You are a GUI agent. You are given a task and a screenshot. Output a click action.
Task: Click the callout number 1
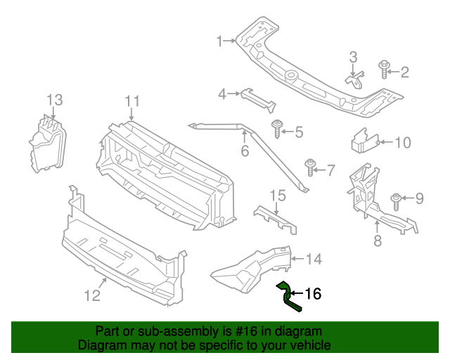tap(219, 41)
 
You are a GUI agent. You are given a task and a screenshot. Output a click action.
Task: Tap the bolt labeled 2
tap(384, 70)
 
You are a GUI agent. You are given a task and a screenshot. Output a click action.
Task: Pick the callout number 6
tap(245, 151)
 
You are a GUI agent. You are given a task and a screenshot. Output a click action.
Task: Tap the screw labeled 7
tap(310, 167)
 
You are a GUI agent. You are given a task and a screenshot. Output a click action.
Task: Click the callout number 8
tap(377, 242)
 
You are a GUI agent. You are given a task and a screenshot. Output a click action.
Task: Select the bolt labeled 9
tap(396, 200)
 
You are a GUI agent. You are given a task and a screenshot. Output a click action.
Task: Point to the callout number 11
tap(134, 103)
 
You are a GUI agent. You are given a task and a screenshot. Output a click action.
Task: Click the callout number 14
tap(313, 259)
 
